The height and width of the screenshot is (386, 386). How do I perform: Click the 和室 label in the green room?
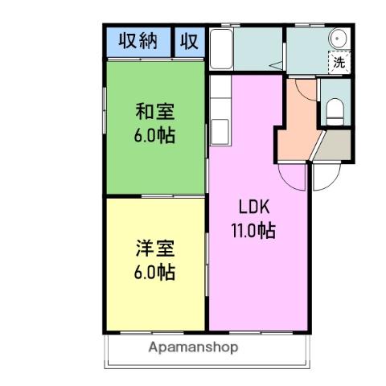(x=155, y=111)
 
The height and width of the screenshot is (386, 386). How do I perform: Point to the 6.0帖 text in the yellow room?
(x=155, y=271)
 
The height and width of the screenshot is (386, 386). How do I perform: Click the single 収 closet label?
(x=189, y=40)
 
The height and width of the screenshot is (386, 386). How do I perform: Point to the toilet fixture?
(x=335, y=110)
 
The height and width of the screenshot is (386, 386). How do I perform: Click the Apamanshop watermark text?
(x=193, y=348)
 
